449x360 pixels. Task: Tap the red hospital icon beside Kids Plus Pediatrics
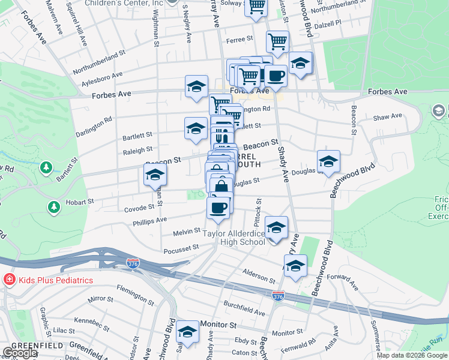coord(8,280)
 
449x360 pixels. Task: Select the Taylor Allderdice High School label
coord(234,238)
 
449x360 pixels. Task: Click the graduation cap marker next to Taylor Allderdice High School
coord(276,228)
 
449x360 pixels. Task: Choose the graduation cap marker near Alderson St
coord(295,266)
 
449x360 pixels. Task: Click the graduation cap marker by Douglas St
coord(328,162)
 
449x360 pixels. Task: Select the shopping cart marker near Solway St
coord(257,8)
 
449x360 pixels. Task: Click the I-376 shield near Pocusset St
coord(133,263)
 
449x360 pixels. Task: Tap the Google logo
coord(20,353)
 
